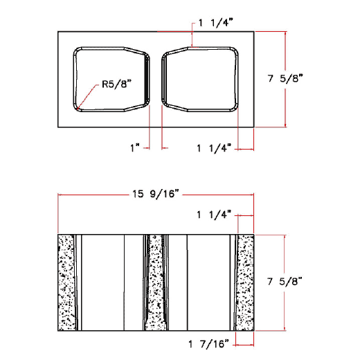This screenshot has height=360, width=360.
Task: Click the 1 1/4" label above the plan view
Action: (215, 22)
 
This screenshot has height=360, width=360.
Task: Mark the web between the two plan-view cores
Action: (156, 79)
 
